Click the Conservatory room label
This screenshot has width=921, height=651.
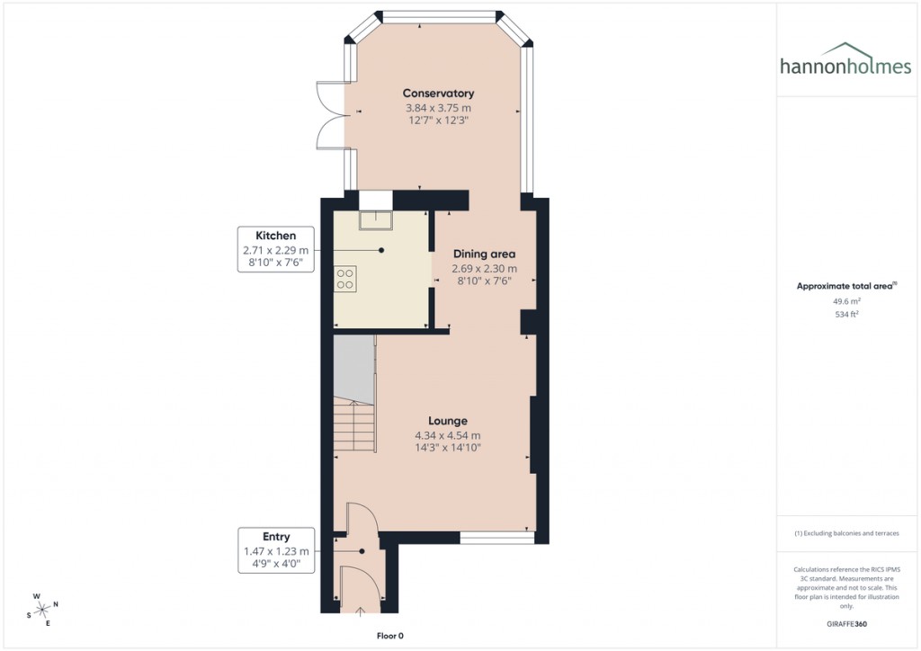tap(438, 94)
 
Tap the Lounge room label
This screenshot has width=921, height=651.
tap(447, 421)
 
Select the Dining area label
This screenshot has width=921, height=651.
tap(484, 254)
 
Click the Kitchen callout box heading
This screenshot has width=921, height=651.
tap(275, 236)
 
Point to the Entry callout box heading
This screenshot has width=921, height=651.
tap(275, 537)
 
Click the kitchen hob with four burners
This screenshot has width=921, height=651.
tap(344, 278)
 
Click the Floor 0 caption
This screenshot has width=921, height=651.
tap(389, 636)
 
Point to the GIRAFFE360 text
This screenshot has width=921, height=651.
tap(845, 624)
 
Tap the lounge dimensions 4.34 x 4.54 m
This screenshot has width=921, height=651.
tap(447, 436)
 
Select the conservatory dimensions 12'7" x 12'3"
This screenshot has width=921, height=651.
tap(438, 120)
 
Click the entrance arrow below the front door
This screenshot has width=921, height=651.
tap(362, 612)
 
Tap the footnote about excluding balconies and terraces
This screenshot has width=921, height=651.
tap(845, 533)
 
